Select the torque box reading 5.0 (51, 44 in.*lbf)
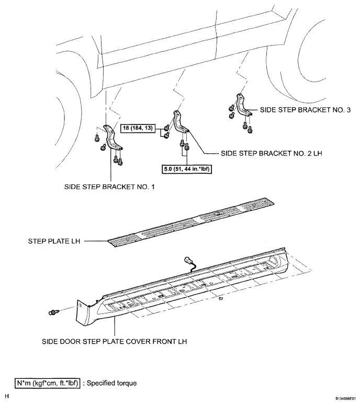(x=187, y=170)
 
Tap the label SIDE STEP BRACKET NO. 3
(x=305, y=110)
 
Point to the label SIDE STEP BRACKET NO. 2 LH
(x=272, y=153)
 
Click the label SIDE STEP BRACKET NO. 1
(x=109, y=186)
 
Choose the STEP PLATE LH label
(x=54, y=241)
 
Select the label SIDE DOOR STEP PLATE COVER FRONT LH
(x=114, y=342)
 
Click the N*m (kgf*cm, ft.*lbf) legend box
(x=47, y=383)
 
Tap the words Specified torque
(x=111, y=383)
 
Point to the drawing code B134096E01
(x=346, y=398)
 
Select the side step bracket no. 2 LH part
(x=181, y=122)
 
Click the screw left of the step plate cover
(x=54, y=312)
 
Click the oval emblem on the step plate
(x=219, y=213)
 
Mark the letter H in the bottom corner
(x=7, y=396)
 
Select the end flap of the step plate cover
(x=83, y=313)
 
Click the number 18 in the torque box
(x=126, y=128)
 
